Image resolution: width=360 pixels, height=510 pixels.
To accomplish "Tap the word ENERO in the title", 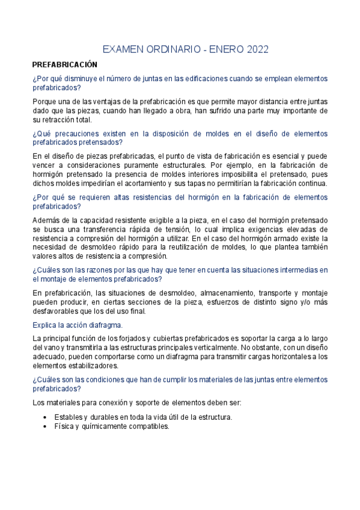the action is click(x=226, y=49).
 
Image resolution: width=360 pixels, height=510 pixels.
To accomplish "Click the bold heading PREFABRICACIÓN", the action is click(x=64, y=64).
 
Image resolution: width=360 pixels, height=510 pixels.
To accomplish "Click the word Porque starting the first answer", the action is click(x=46, y=102).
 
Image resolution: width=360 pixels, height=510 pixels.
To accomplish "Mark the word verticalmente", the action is click(x=216, y=347).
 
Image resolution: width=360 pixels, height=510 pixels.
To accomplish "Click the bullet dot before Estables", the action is click(x=47, y=417).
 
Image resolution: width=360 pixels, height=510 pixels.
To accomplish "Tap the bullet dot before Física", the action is click(x=47, y=426).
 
